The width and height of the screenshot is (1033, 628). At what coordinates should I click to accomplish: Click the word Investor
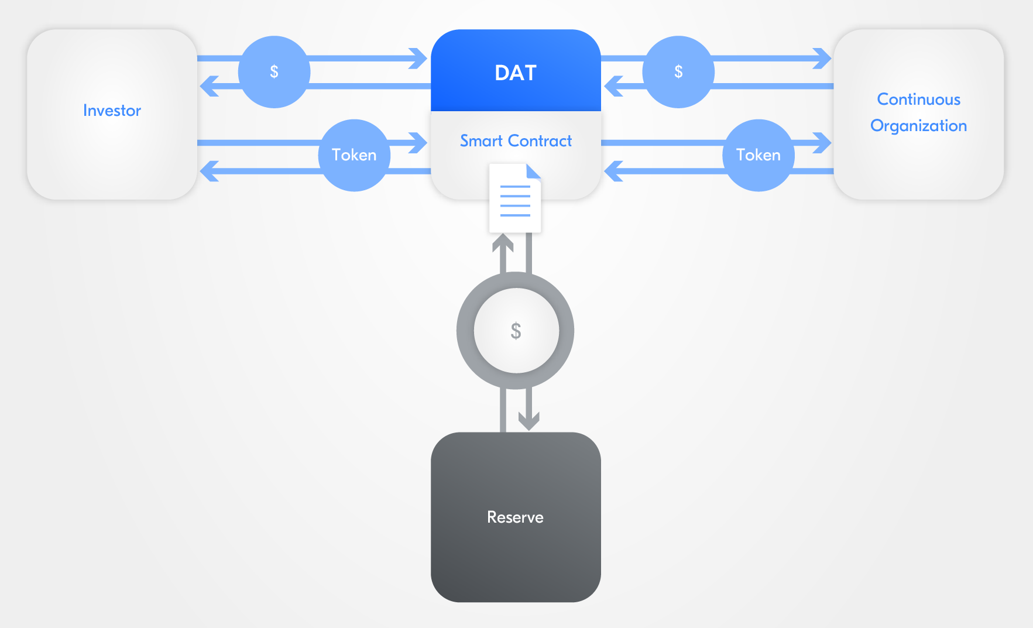tap(112, 110)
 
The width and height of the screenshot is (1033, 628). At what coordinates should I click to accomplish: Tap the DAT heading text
tap(515, 73)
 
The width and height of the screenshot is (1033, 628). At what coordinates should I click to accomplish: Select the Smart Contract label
tap(515, 140)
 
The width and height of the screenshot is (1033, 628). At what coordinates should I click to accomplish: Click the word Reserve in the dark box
tap(515, 517)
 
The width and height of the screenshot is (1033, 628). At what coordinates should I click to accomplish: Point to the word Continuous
tap(918, 99)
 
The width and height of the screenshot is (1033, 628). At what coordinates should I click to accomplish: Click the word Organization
tap(918, 125)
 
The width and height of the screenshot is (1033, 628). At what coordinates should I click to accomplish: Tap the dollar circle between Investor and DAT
tap(274, 72)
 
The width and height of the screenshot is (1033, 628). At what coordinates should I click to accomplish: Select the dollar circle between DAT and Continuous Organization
tap(678, 72)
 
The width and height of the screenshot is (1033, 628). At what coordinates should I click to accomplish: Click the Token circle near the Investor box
tap(354, 155)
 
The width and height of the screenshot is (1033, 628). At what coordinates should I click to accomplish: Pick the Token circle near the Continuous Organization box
tap(758, 155)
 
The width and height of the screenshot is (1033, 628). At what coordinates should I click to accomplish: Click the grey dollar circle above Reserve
tap(515, 331)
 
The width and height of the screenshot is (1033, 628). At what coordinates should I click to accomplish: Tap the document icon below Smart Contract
tap(514, 199)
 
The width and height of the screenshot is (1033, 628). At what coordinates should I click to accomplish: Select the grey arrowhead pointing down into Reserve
tap(528, 421)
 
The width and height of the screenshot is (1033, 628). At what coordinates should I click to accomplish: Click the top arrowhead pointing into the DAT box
tap(419, 59)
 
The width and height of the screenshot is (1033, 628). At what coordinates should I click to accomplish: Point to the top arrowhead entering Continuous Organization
tap(823, 59)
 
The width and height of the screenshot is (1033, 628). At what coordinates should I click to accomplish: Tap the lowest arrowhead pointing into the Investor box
tap(209, 171)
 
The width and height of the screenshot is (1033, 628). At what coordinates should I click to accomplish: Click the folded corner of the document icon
tap(533, 171)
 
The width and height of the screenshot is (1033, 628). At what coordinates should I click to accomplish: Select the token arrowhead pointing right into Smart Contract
tap(419, 143)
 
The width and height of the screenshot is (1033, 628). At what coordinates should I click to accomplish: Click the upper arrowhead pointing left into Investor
tap(209, 86)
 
